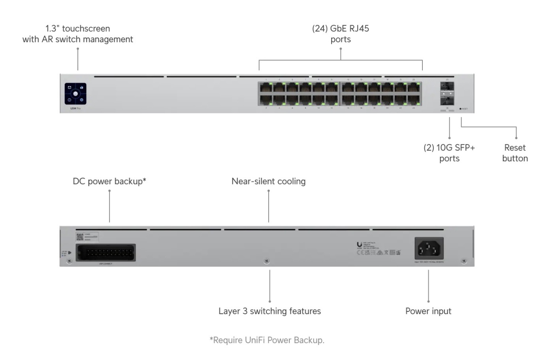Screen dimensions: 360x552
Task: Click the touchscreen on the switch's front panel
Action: (75, 94)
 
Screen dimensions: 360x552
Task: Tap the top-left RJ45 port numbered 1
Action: (266, 88)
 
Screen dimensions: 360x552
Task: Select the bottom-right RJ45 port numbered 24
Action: (414, 100)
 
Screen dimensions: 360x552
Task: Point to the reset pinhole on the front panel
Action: (460, 109)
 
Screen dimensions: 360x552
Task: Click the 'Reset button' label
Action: (515, 153)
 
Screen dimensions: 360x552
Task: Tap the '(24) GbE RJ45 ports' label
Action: (341, 34)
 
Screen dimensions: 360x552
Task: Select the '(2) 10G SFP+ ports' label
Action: (449, 153)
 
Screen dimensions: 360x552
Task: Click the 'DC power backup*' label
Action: (109, 181)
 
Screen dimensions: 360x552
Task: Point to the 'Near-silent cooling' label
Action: (269, 181)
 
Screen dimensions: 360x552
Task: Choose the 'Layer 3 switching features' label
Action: (270, 311)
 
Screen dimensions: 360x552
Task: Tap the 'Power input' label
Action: (428, 311)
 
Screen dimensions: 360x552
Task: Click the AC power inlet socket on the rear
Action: (429, 249)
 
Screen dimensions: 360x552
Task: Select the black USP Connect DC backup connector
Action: (106, 253)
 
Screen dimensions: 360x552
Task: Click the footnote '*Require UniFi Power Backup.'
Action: (267, 340)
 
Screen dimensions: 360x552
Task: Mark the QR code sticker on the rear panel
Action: (80, 237)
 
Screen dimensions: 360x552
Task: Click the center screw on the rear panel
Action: (267, 261)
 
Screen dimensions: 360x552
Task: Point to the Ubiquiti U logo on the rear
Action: (359, 245)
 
